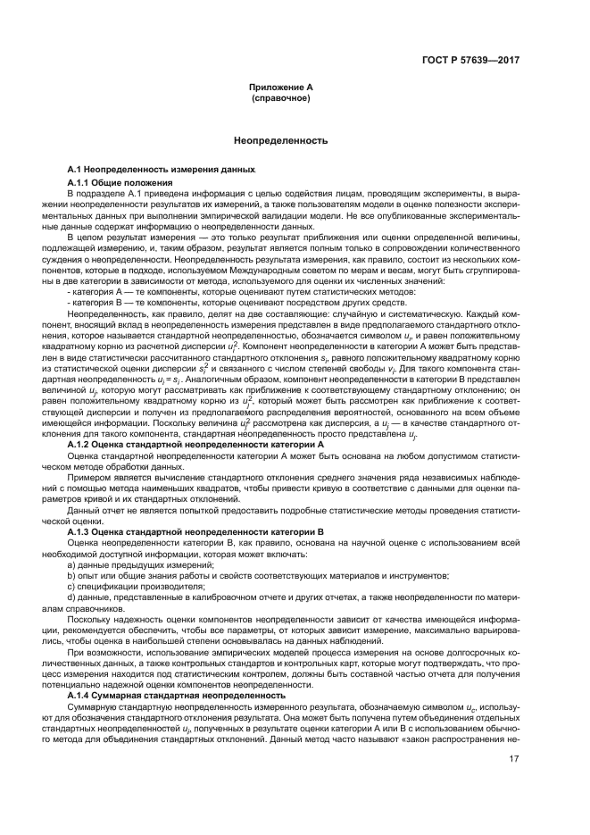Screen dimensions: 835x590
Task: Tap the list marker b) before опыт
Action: (71, 577)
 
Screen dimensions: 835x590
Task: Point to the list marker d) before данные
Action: (71, 599)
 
